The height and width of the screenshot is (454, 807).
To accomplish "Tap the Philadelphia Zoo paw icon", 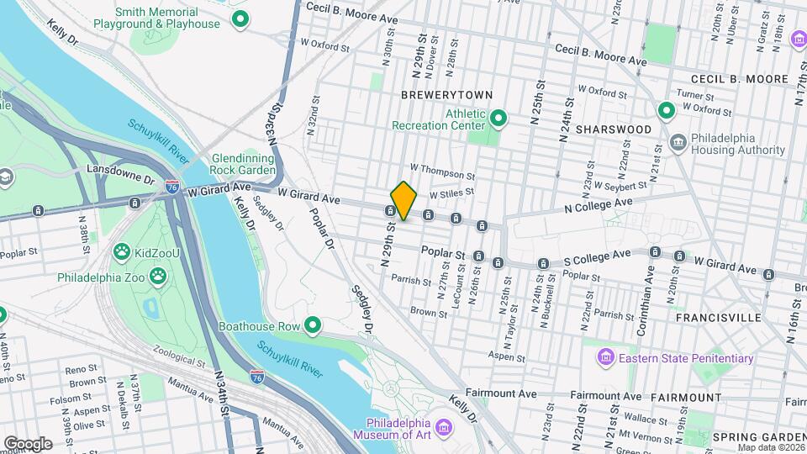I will click(158, 276).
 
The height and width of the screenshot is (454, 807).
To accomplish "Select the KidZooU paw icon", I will click(121, 251).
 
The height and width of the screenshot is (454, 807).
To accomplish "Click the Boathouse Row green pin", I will click(314, 325).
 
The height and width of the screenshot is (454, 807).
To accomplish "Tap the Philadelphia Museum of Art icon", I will click(445, 429).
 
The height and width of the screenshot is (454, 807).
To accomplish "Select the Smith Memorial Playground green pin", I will click(240, 18).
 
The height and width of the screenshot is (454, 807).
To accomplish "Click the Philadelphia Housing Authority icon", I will click(678, 143).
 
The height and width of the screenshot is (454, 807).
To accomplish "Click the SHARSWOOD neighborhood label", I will click(614, 129).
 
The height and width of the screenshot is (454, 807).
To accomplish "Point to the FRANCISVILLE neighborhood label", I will click(719, 318).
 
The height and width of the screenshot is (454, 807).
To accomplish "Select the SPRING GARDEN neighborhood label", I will click(756, 437).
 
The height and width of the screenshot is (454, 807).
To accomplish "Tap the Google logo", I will click(28, 442).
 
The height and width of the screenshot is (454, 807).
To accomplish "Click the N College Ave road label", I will click(598, 205).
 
